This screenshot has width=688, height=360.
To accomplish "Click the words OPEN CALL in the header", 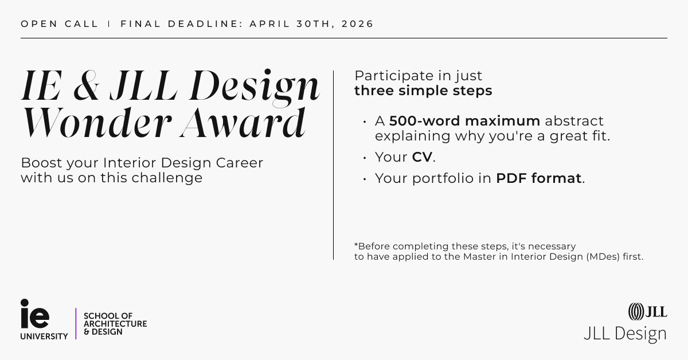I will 60,24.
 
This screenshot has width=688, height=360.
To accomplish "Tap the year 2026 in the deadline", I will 357,24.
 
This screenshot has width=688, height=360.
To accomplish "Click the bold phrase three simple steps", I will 423,91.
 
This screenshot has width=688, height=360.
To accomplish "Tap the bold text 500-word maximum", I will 464,121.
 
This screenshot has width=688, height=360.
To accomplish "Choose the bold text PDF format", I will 539,178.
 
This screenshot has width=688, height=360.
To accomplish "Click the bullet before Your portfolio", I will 364,179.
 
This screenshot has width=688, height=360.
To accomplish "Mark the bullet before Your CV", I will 364,158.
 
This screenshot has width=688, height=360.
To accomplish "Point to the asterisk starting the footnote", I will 356,245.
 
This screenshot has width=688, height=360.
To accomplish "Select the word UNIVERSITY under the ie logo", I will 44,336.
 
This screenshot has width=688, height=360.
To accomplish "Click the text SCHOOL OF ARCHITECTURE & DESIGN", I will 115,324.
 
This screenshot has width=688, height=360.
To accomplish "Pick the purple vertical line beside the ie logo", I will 76,324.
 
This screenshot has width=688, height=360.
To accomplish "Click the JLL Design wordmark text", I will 625,334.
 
